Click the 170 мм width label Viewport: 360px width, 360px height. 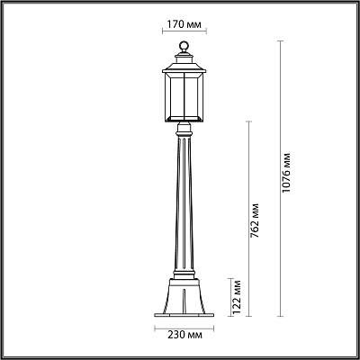(184, 24)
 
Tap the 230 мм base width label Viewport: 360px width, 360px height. (184, 335)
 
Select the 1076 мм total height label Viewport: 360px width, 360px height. (286, 173)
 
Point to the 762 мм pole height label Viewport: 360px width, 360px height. (255, 220)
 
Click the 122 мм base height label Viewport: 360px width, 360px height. (237, 297)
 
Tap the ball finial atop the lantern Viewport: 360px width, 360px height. (184, 47)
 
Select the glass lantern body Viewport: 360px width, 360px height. (184, 97)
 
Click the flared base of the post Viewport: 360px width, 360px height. (184, 295)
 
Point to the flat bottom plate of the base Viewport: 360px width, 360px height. (184, 315)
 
